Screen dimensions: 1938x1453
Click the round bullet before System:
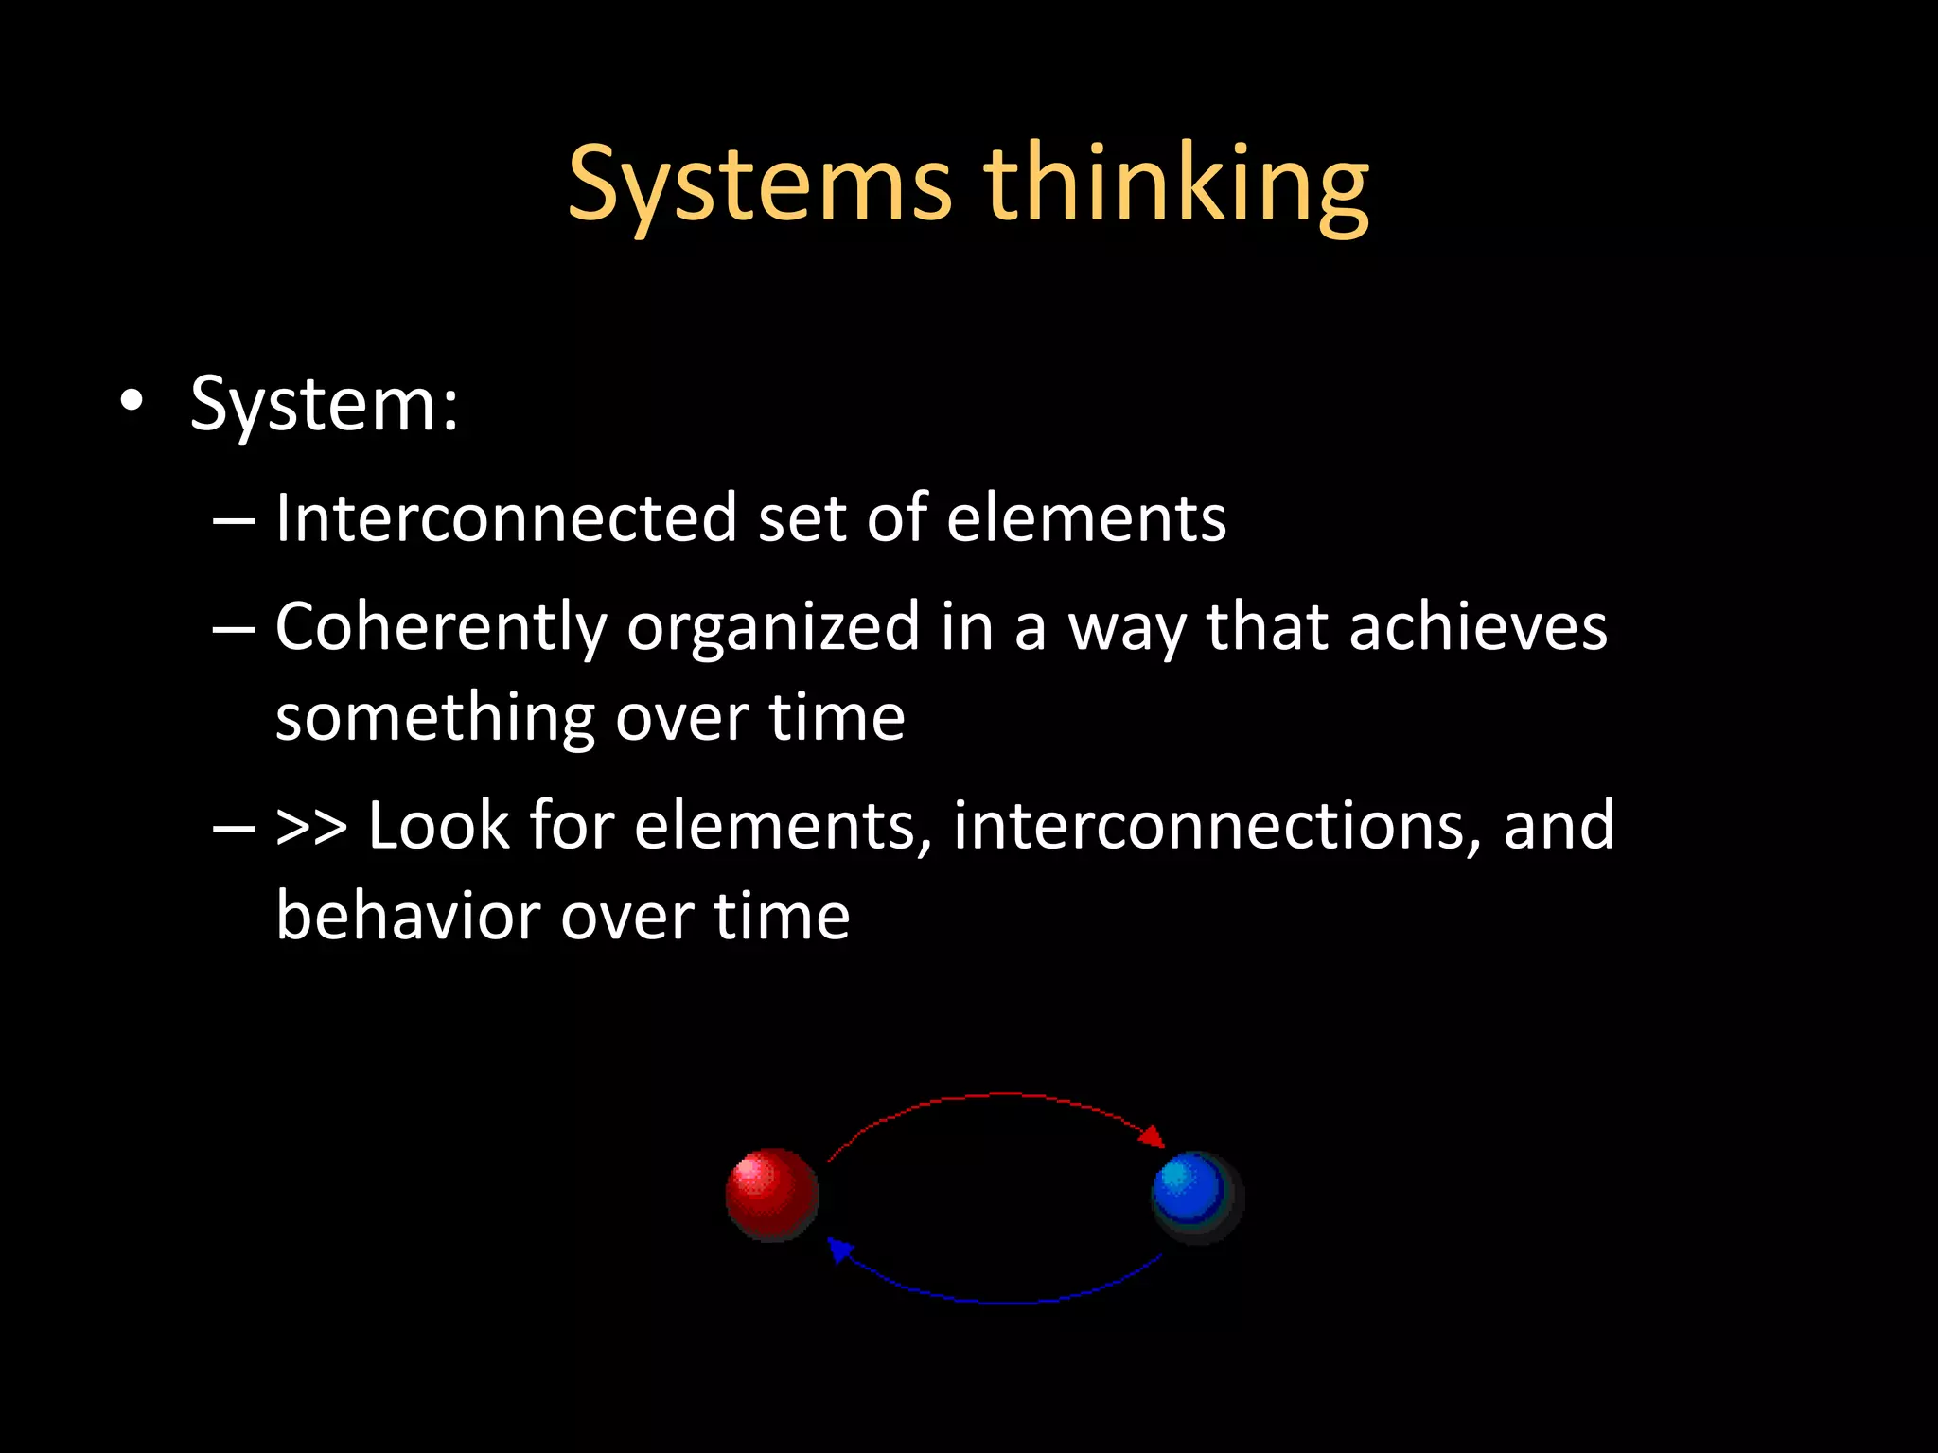132,401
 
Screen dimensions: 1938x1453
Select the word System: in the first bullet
325,405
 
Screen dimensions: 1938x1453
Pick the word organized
772,628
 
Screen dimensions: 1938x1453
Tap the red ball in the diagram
771,1194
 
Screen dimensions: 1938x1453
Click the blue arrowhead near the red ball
838,1250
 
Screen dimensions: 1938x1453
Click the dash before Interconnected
234,520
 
